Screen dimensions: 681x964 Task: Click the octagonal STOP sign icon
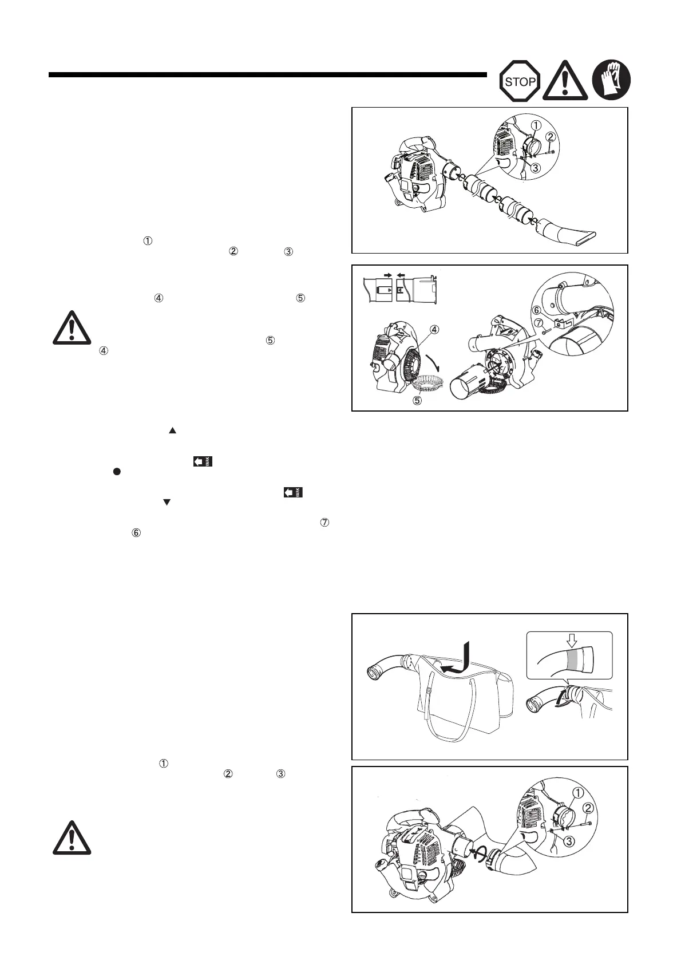point(520,81)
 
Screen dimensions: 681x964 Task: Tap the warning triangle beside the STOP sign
point(565,80)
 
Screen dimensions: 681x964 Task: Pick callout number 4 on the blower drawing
point(435,330)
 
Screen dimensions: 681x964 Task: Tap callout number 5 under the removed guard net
point(418,400)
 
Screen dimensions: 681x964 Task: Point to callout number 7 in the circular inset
point(539,324)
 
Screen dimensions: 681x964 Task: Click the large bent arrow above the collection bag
point(462,658)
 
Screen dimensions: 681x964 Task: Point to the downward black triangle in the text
point(167,502)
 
